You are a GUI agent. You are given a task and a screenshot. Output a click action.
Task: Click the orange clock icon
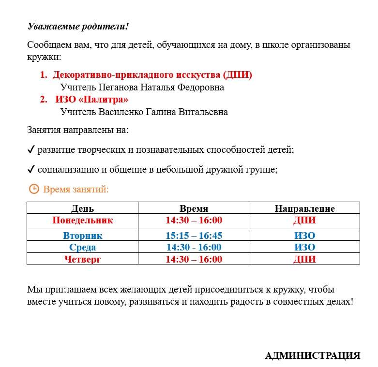click(x=34, y=189)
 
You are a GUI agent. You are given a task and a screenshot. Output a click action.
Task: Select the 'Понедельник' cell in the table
click(x=83, y=220)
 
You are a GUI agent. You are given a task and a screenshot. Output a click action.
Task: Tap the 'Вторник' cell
click(x=83, y=236)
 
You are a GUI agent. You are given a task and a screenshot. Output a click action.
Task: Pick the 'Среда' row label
click(x=83, y=248)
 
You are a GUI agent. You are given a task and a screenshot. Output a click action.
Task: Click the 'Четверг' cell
click(x=83, y=259)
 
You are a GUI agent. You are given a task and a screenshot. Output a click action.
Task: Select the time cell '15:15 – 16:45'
click(x=194, y=236)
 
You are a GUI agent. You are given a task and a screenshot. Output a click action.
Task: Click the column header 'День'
click(x=83, y=209)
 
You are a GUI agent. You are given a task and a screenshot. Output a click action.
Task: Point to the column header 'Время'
click(x=194, y=209)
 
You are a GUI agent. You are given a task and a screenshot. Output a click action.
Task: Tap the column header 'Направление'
click(x=304, y=209)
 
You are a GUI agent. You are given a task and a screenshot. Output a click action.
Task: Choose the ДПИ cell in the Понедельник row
click(x=304, y=220)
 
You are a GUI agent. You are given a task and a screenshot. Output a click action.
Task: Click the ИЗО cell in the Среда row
click(x=304, y=248)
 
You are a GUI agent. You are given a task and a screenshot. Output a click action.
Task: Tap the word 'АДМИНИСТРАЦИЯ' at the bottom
click(x=313, y=356)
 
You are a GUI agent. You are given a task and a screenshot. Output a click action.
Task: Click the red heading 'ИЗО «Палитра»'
click(x=92, y=100)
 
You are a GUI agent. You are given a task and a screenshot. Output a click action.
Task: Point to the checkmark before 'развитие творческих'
click(x=31, y=150)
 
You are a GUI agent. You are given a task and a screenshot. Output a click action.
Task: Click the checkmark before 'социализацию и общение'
click(x=31, y=170)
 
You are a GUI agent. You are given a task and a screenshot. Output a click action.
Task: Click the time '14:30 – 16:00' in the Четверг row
click(x=194, y=259)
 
